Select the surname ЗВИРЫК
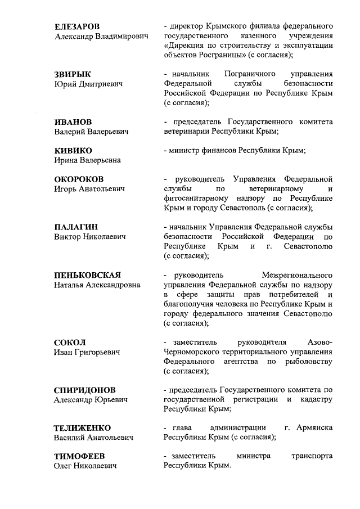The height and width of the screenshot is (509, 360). coord(72,74)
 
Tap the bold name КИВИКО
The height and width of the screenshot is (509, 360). coord(73,151)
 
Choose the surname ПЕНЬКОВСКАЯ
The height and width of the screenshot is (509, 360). coord(87,275)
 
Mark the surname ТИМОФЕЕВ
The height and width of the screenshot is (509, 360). coord(79,456)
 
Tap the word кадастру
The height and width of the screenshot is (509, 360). coord(316,399)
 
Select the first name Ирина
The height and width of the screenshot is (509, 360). coord(66,160)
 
